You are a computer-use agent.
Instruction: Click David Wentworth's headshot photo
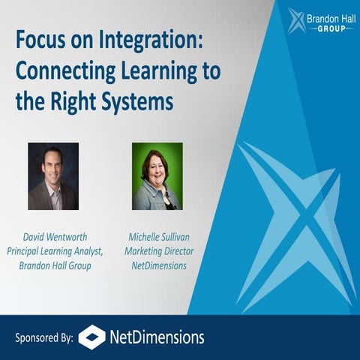coord(52,175)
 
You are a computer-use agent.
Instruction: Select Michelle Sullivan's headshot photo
coord(157,175)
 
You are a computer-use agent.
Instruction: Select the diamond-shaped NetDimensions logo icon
coord(91,337)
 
